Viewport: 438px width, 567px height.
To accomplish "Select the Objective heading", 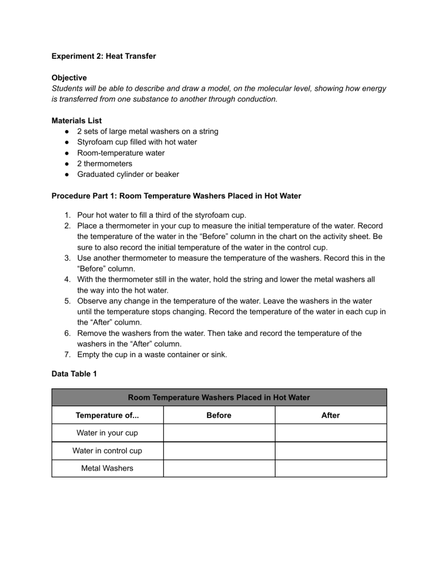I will click(x=69, y=78).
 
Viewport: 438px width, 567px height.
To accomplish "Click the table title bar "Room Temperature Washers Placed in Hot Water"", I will click(x=219, y=398).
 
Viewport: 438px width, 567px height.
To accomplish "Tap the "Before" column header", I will click(x=219, y=415).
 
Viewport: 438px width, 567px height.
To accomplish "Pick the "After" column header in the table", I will click(x=331, y=415).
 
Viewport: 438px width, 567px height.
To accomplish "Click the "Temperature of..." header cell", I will click(x=107, y=415).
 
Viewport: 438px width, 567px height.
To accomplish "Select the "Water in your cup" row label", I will click(x=107, y=433).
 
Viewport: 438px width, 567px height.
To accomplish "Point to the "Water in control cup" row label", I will click(x=107, y=451).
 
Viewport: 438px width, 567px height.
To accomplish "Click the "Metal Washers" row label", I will click(x=107, y=468).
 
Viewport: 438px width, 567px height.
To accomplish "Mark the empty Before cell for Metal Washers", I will click(x=219, y=468).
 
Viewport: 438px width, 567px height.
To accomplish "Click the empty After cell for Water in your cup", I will click(x=331, y=433).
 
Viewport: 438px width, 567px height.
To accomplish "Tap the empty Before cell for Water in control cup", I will click(x=219, y=451).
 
